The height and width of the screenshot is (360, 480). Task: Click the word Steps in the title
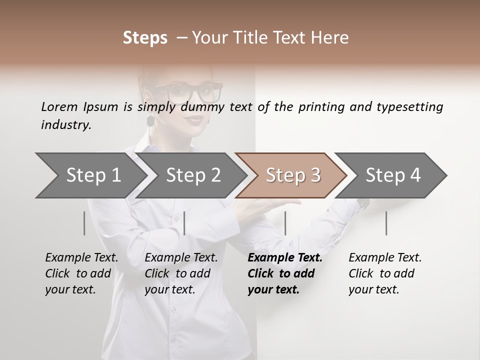click(145, 38)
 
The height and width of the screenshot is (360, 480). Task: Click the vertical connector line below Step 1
click(84, 223)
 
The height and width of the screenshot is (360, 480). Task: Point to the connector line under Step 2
click(184, 223)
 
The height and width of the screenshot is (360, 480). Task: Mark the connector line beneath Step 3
click(285, 223)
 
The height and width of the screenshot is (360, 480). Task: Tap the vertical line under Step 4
click(386, 223)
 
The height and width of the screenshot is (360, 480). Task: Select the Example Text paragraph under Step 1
click(81, 273)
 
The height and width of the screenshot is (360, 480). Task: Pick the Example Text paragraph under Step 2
click(181, 273)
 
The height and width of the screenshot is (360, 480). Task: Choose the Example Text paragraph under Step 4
click(385, 273)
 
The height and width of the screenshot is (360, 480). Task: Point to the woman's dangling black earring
click(149, 120)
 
